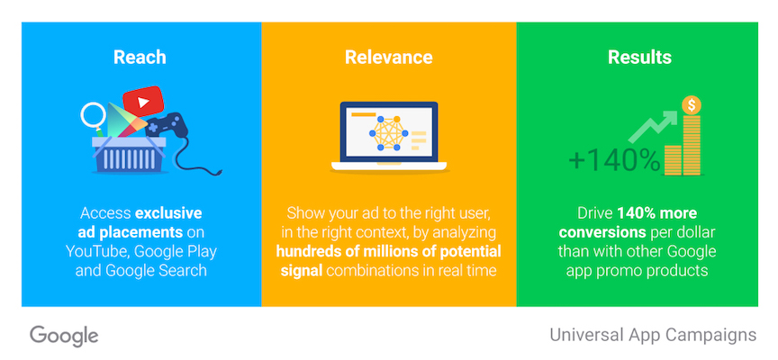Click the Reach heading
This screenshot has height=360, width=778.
(x=140, y=58)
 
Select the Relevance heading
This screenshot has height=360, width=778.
(x=388, y=58)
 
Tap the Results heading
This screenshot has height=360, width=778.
(x=639, y=58)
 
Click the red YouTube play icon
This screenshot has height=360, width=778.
(x=145, y=97)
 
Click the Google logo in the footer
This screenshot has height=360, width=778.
(x=64, y=336)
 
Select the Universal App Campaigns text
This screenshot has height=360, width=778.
(x=653, y=335)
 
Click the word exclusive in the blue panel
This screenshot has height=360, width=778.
(x=167, y=213)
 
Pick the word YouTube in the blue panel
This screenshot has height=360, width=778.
(x=96, y=251)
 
